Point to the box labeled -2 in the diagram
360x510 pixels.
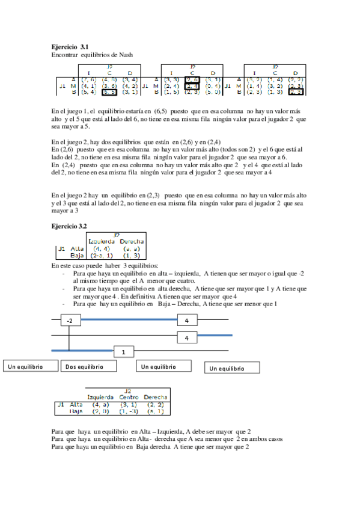point(70,321)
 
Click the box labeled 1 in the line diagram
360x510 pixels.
point(123,351)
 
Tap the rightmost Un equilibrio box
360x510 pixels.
point(233,368)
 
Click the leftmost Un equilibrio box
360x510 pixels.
point(30,366)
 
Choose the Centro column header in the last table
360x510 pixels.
point(129,398)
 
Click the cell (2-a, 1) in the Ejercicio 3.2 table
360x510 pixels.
point(101,255)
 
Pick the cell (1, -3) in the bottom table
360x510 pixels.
point(129,412)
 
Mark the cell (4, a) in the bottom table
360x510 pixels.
point(100,405)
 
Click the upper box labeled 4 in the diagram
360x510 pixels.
point(187,321)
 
